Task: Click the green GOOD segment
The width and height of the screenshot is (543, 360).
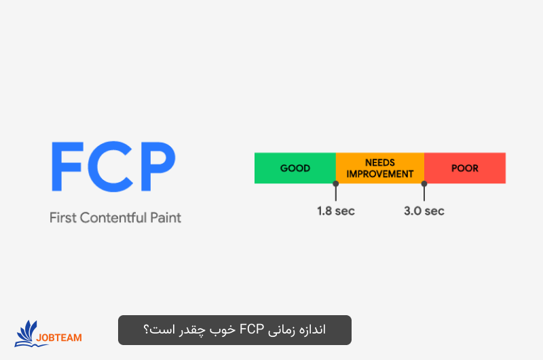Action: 295,168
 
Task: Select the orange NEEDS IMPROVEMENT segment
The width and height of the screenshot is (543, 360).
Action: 380,168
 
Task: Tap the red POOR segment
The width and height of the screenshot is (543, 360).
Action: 465,168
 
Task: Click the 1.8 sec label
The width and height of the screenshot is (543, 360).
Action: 336,211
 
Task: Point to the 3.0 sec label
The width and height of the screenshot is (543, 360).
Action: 424,211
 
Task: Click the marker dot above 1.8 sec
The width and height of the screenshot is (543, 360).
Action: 336,183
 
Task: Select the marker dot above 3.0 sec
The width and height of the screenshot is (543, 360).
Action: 424,183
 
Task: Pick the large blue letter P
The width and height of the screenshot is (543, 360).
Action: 155,167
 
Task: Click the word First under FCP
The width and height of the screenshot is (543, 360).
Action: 63,218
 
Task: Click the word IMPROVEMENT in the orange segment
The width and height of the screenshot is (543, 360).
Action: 380,174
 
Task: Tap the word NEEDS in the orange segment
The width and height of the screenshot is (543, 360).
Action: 380,163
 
